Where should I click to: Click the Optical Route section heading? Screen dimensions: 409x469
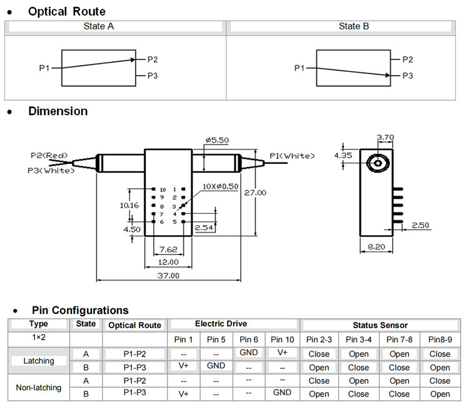click(67, 11)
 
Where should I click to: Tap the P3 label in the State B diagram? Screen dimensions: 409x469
click(407, 76)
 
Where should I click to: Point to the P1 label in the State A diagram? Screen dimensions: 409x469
click(44, 68)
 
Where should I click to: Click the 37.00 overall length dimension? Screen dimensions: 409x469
click(168, 275)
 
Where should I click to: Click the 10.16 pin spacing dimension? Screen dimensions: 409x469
click(130, 204)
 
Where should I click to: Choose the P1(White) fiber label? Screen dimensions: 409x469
click(292, 156)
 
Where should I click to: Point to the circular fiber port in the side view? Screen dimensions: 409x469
click(379, 163)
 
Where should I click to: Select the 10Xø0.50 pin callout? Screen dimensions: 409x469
click(220, 186)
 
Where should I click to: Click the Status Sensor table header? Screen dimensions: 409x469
click(380, 325)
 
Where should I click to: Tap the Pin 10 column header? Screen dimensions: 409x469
click(283, 340)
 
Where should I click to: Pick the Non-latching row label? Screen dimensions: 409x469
click(39, 388)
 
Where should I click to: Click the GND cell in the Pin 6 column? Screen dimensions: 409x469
click(248, 353)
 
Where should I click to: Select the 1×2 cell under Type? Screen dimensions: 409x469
click(39, 336)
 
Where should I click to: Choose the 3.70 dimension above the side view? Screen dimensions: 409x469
click(385, 137)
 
